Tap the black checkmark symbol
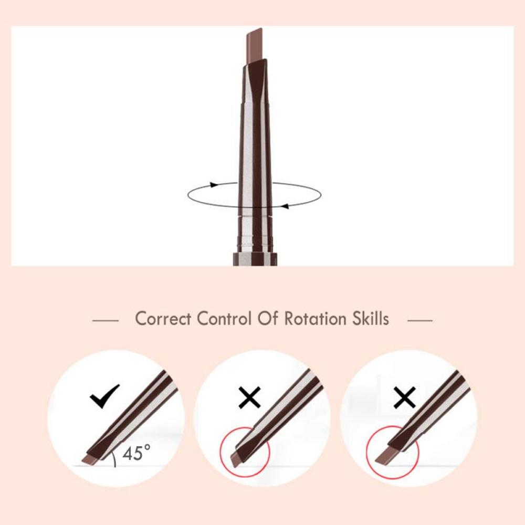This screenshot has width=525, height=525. pos(104,396)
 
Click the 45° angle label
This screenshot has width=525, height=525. pos(136,453)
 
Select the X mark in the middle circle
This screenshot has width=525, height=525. pos(249,397)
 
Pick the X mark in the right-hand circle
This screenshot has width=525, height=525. pos(404,397)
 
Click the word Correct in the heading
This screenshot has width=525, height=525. pos(163,319)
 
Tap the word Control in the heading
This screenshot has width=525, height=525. pos(224,319)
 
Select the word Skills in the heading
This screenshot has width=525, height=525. pos(371,318)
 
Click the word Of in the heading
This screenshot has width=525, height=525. pos(268,318)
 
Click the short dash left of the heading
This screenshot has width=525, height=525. pos(106,320)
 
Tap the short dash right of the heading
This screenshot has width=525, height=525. pos(420,320)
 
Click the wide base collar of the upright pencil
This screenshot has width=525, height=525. pos(255,259)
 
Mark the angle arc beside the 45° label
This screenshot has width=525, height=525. pos(114,458)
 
